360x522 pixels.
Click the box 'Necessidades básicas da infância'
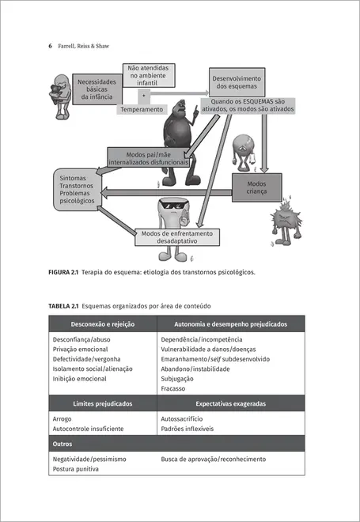pos(97,89)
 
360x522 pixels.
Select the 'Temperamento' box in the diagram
pos(142,110)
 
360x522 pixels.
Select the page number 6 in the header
pos(50,47)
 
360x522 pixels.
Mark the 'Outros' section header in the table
pos(63,444)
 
